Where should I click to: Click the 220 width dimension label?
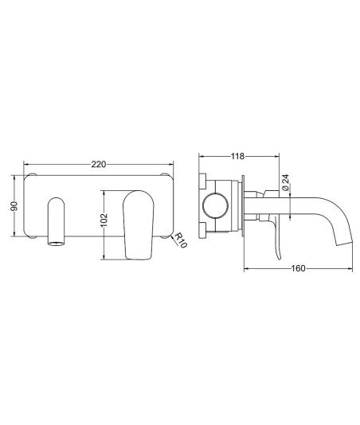tap(99, 164)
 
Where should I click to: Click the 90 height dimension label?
tap(14, 206)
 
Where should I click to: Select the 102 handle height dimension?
tap(104, 220)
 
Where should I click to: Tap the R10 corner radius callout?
tap(181, 240)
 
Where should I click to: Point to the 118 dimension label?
tap(237, 156)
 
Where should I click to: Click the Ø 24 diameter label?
tap(285, 182)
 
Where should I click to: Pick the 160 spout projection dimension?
tap(298, 268)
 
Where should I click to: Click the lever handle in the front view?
tap(139, 225)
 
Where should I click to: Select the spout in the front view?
tap(57, 221)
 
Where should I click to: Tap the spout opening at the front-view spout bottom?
tap(57, 243)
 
